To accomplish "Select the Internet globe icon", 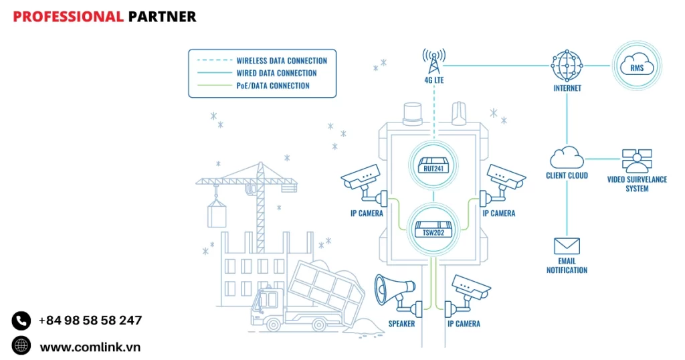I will pos(567,66).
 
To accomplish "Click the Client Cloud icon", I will pos(567,158).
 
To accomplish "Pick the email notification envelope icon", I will pos(567,246).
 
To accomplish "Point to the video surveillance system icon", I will pos(637,161).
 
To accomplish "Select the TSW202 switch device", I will pos(433,228).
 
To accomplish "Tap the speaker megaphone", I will pos(394,292).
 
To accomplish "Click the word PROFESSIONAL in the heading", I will pos(68,17).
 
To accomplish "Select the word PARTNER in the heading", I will pos(162,17).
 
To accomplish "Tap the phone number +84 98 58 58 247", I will pos(90,321).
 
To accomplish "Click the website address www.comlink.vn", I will pos(90,347).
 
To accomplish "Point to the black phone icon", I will pos(21,321).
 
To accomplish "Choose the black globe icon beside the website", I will pos(21,346).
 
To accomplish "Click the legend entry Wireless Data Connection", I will pos(281,60).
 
